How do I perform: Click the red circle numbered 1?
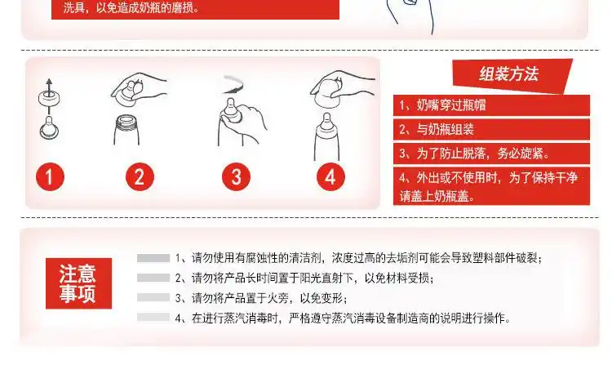click(50, 176)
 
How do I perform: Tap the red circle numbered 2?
click(140, 176)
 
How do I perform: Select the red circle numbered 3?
click(236, 176)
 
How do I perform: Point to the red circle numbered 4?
click(330, 176)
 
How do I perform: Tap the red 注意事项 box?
click(78, 284)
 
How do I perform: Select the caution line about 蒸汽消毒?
click(343, 318)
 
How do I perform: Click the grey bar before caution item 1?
click(153, 258)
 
